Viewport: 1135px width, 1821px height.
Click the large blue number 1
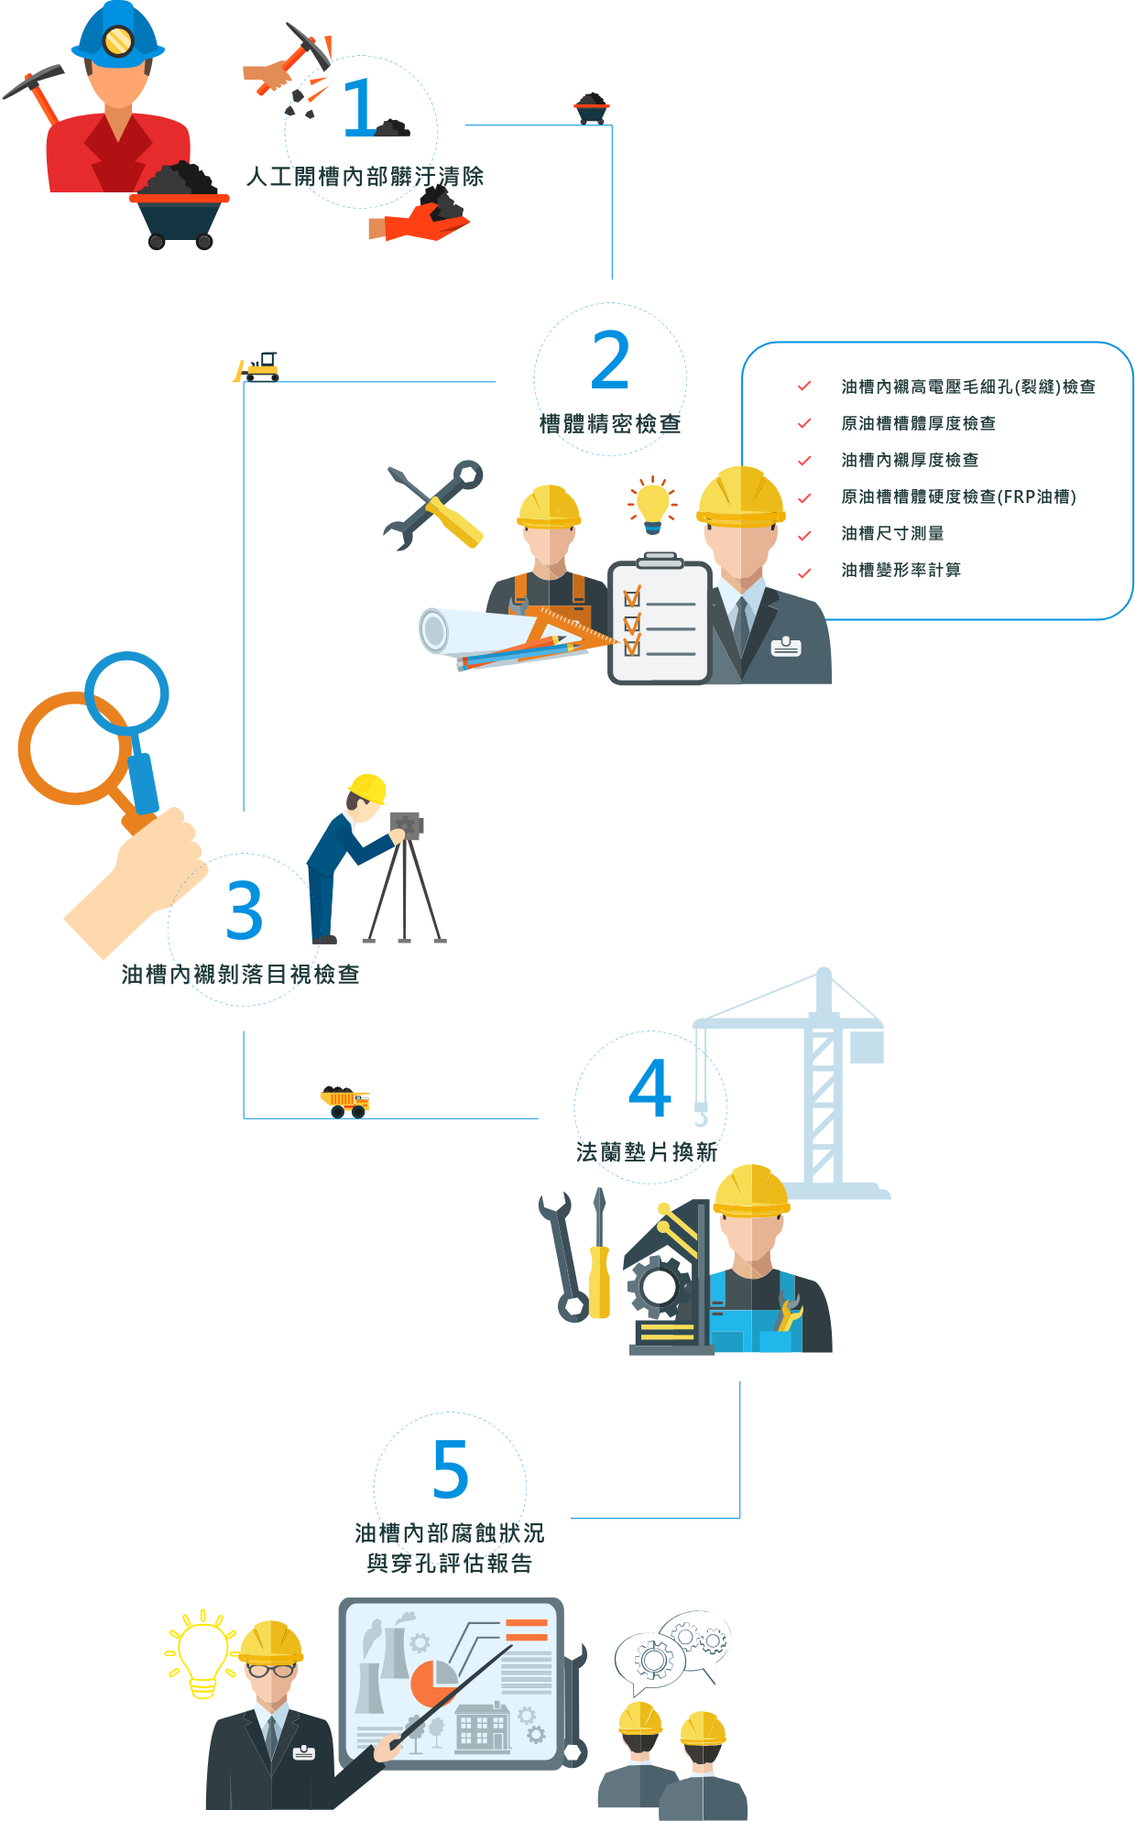(358, 108)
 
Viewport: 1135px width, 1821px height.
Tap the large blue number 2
(610, 360)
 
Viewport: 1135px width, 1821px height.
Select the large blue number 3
(245, 910)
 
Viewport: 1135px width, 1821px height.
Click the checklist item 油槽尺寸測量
(892, 533)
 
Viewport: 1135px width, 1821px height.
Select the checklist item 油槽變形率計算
(900, 570)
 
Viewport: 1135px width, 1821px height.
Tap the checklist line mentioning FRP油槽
(958, 496)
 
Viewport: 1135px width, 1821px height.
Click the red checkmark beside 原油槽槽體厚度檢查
(804, 423)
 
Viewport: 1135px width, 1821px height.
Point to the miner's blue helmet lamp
(118, 40)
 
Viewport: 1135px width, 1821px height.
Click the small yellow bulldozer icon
(258, 368)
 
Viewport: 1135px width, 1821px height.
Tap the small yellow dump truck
(345, 1100)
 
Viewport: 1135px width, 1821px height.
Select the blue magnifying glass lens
(126, 692)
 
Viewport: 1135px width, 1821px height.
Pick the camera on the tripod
(406, 825)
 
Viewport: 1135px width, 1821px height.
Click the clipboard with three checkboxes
(660, 621)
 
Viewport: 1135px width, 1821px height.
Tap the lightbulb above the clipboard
(653, 504)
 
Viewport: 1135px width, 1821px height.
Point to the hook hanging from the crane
(701, 1117)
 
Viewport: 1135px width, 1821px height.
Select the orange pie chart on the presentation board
(431, 1682)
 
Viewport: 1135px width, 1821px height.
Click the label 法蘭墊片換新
(647, 1151)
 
